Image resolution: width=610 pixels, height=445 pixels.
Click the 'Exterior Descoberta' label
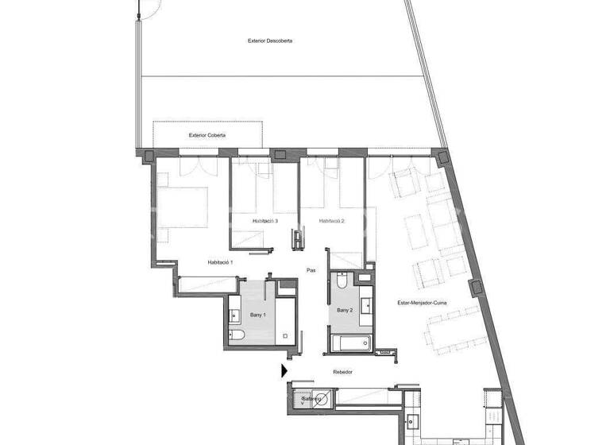click(x=270, y=41)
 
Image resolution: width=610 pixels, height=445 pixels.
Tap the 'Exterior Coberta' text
click(x=207, y=135)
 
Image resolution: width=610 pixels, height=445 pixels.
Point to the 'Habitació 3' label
click(x=264, y=221)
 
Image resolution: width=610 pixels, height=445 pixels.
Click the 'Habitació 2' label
click(x=331, y=221)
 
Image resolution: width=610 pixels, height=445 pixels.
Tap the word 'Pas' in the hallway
click(x=311, y=270)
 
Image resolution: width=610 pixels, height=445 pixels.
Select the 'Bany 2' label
click(x=344, y=310)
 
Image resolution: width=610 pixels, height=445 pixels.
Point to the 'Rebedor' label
click(x=343, y=372)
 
